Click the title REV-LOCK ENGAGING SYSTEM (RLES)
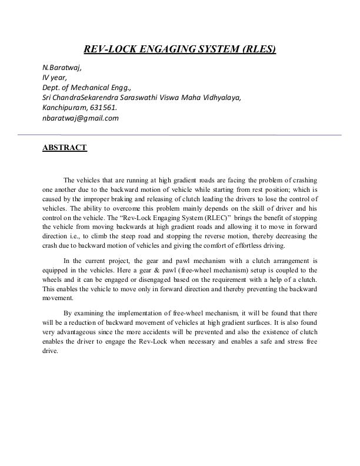click(180, 49)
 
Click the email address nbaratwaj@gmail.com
click(81, 118)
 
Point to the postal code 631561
click(103, 108)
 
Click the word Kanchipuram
click(64, 108)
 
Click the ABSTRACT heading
click(65, 148)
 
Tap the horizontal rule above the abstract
click(180, 135)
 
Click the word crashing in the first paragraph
click(304, 180)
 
